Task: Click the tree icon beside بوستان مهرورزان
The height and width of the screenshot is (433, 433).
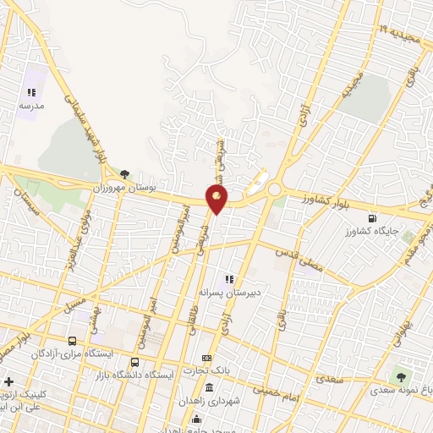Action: pos(125,173)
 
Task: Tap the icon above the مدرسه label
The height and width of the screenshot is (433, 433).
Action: pos(31,93)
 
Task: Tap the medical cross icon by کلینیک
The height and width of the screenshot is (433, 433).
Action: pos(8,382)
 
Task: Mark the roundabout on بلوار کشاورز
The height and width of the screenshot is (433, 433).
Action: pos(275,190)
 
